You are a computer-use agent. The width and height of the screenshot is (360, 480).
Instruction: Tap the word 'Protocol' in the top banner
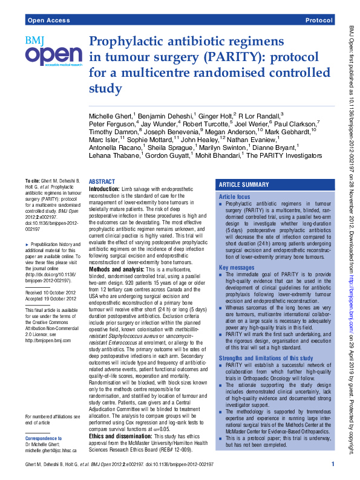[x=319, y=21]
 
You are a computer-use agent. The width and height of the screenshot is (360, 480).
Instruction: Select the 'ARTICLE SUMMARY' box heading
[x=244, y=184]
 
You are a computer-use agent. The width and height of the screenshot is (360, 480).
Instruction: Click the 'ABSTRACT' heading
[x=102, y=181]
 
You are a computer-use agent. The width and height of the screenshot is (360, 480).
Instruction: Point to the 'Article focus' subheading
[x=234, y=197]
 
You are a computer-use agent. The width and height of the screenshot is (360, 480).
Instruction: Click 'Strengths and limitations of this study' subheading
[x=270, y=357]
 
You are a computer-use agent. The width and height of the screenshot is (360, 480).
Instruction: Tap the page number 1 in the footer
[x=333, y=464]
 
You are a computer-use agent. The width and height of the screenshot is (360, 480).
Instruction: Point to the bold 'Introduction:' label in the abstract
[x=104, y=189]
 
